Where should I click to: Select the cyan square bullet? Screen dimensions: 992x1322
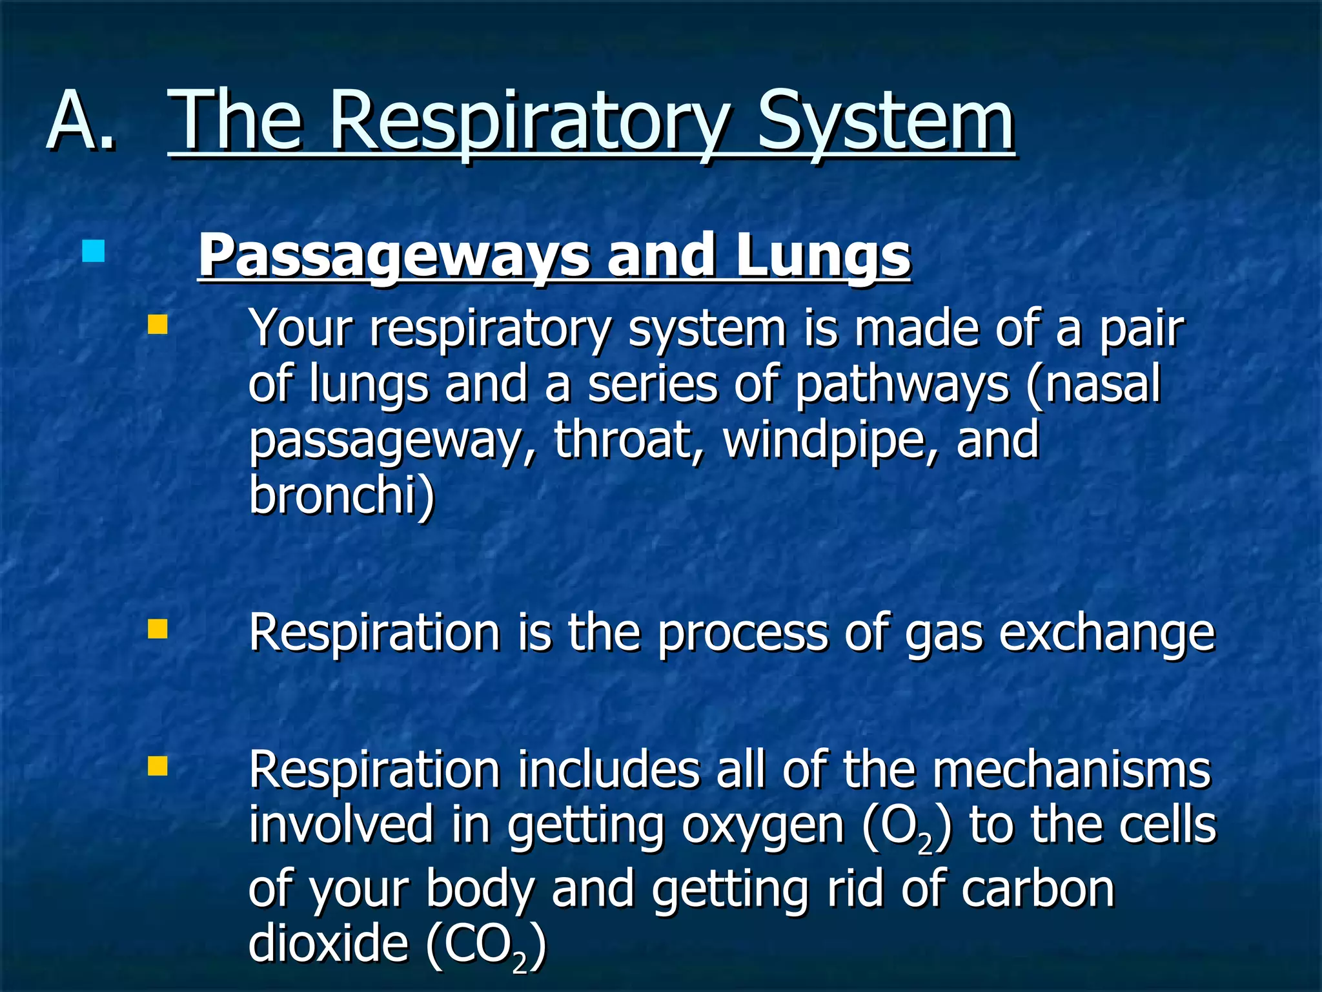coord(94,251)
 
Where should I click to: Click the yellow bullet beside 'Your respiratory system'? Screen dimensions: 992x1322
coord(158,324)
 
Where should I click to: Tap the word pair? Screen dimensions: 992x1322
coord(1141,329)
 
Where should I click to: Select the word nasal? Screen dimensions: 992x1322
coord(1103,384)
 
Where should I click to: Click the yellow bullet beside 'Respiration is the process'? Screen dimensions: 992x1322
coord(158,629)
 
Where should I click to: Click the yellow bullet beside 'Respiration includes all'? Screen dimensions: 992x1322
coord(158,767)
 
